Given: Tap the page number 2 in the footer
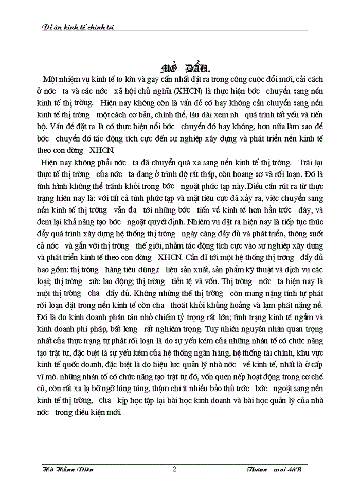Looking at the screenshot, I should (x=175, y=469).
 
